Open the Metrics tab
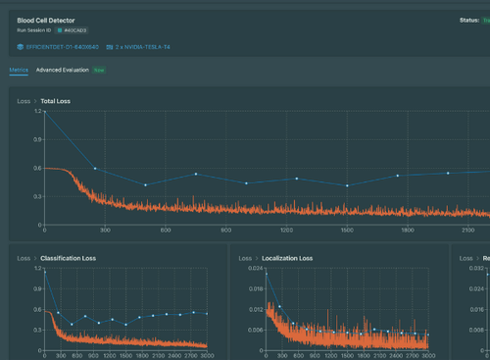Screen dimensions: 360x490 tap(19, 71)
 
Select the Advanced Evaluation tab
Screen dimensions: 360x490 tap(63, 71)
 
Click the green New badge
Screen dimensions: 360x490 tap(100, 71)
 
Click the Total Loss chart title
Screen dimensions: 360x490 tap(55, 101)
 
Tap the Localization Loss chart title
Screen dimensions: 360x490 tap(287, 258)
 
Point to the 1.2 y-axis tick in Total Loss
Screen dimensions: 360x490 tap(38, 112)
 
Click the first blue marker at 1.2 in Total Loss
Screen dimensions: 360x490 tap(45, 112)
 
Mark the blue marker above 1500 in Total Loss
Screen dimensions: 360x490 tap(347, 185)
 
